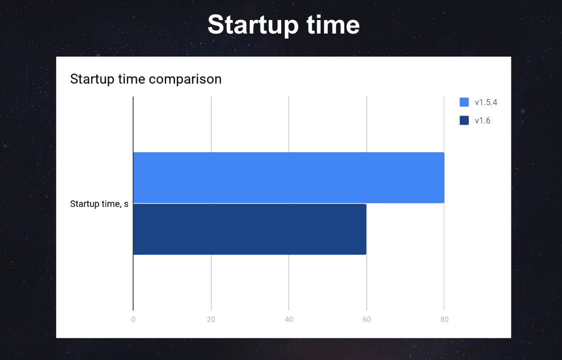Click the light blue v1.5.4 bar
289,177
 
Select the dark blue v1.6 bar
250,229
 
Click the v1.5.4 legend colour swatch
464,102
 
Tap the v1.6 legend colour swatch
464,121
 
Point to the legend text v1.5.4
486,103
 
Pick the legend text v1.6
482,121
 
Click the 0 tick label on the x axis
133,319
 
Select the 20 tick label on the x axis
211,319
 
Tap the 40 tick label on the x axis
289,319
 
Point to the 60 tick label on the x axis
367,319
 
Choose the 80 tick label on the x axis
444,319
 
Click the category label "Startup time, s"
99,204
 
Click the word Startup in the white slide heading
254,26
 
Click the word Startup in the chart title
93,80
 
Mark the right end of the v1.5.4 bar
444,177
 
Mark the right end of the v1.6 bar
366,229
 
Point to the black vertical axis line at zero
133,203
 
